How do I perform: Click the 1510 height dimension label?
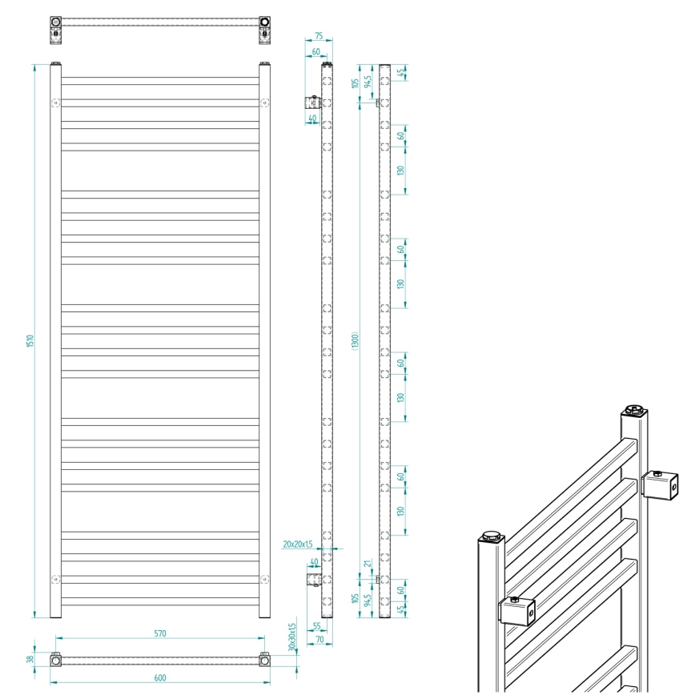tap(30, 340)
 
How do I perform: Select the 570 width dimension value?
tap(159, 633)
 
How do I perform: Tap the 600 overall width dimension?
tap(159, 678)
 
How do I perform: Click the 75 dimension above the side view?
tap(318, 36)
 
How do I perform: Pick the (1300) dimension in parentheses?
tap(355, 340)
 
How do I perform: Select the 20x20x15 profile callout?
tap(296, 544)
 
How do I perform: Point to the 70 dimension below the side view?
tap(319, 641)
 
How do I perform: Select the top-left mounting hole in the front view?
tap(54, 102)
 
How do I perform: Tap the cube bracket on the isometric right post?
tap(661, 485)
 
